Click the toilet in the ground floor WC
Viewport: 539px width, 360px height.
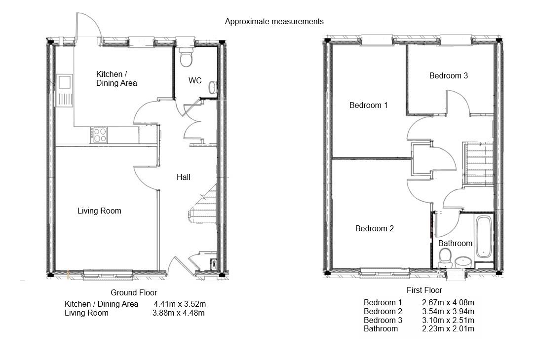(x=187, y=58)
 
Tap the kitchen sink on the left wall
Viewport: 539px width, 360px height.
(x=65, y=90)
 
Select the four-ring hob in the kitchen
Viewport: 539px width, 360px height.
(x=99, y=135)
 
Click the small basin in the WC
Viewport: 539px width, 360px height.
(x=212, y=88)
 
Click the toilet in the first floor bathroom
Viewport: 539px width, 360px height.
(x=445, y=256)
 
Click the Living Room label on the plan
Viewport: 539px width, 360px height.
(x=99, y=211)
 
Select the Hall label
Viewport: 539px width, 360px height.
(x=183, y=177)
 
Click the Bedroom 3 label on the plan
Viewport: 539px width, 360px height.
(x=448, y=75)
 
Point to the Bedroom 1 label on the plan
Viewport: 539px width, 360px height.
(x=368, y=105)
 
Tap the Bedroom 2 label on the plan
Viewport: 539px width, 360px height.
(x=375, y=229)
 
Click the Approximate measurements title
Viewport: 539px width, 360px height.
(x=274, y=21)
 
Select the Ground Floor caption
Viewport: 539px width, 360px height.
(x=133, y=292)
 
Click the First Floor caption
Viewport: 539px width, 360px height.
(x=424, y=290)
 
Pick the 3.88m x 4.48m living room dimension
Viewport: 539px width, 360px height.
(x=178, y=313)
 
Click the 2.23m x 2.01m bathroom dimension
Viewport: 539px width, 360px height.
(x=448, y=328)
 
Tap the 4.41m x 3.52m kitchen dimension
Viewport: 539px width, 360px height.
(x=180, y=304)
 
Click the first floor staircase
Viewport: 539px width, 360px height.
(x=478, y=163)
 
